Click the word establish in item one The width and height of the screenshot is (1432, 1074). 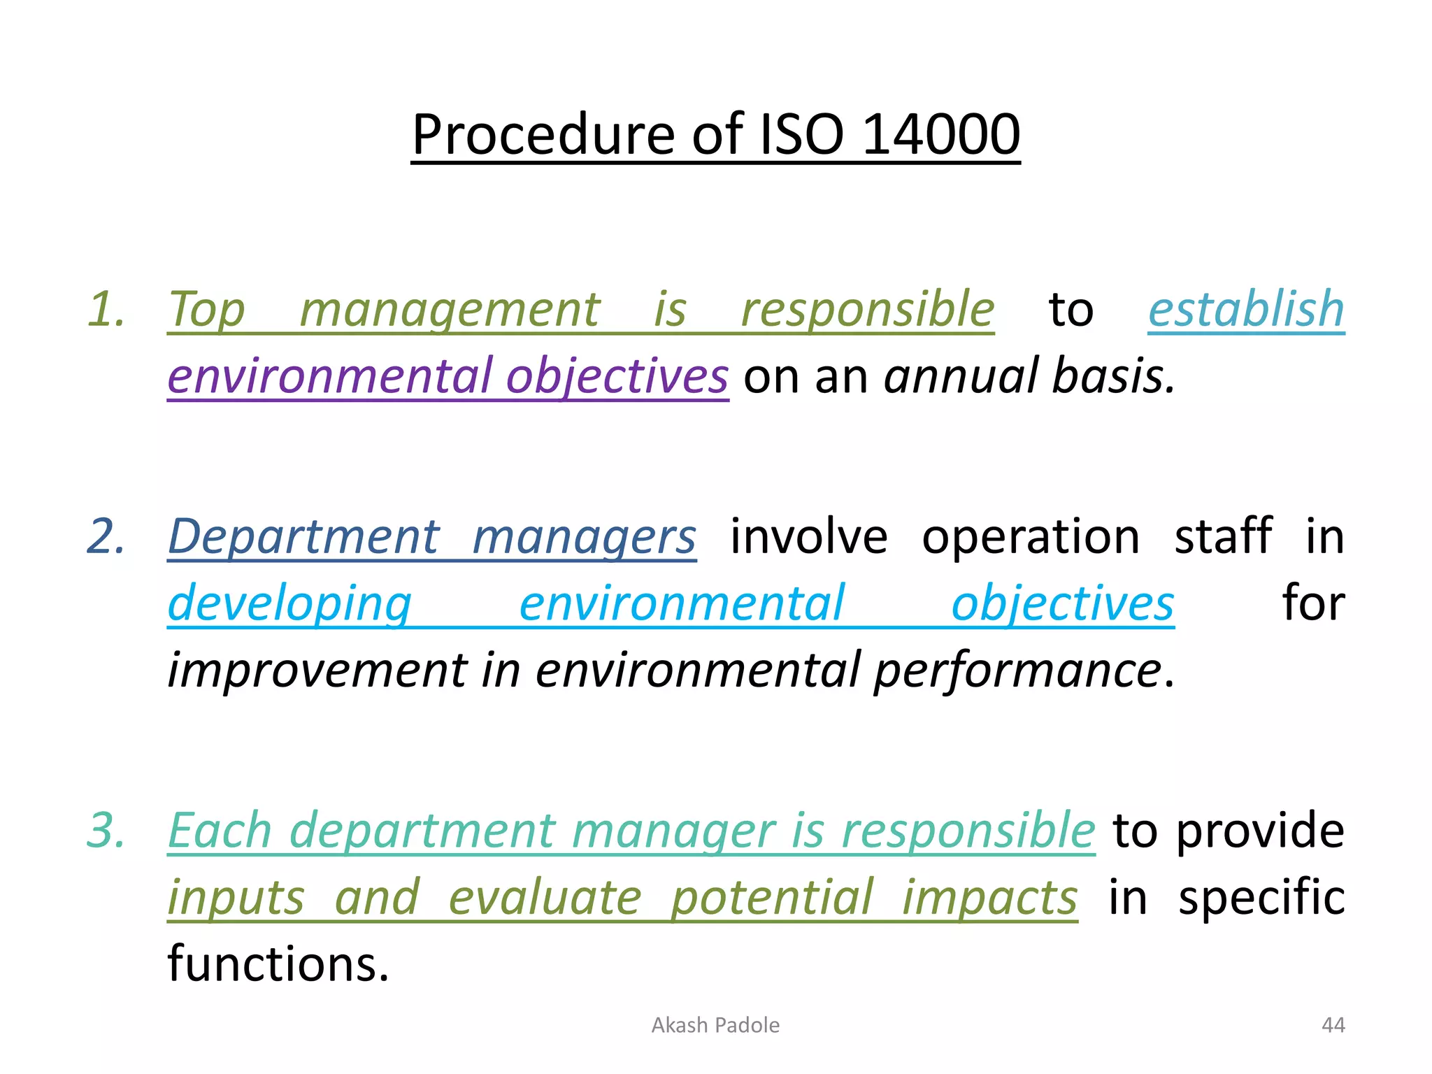[x=1246, y=308]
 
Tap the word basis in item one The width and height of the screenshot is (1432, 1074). [x=1112, y=375]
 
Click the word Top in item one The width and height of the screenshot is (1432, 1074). [x=206, y=308]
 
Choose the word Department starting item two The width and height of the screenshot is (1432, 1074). [x=303, y=536]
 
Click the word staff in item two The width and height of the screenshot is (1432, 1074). [x=1223, y=536]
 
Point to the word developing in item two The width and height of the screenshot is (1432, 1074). [x=289, y=603]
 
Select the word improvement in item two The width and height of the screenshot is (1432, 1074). [x=317, y=670]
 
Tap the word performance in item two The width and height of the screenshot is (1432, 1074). [x=1018, y=670]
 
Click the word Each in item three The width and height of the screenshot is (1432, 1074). [x=220, y=830]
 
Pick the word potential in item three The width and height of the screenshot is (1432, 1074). [x=772, y=897]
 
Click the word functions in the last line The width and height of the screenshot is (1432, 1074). [x=278, y=964]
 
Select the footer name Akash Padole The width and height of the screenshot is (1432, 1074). [x=715, y=1025]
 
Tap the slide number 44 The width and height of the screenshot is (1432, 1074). [x=1333, y=1025]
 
